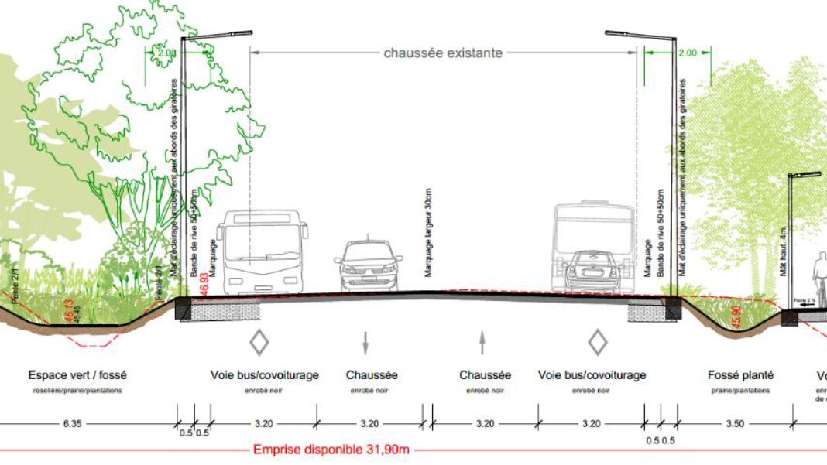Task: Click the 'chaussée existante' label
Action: pos(443,53)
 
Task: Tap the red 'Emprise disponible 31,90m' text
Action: pos(331,450)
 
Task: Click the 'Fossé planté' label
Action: pos(740,375)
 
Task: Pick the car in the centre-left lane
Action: pos(369,265)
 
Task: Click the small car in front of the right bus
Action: pos(592,271)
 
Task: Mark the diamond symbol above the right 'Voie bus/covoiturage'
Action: pos(597,341)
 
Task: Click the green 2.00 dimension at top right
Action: pos(687,53)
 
